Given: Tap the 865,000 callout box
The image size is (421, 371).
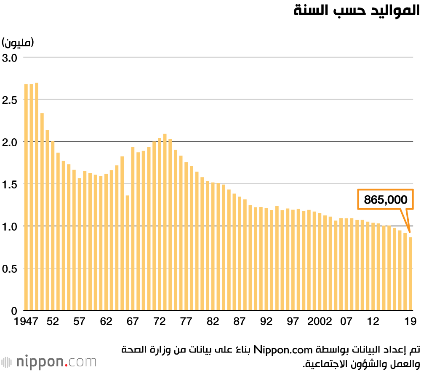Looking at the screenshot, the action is tap(385, 199).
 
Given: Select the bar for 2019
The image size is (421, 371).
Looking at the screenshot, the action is tap(410, 274).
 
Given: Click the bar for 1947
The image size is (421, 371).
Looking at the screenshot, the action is tap(26, 197).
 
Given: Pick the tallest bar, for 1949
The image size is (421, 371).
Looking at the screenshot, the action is tap(37, 196).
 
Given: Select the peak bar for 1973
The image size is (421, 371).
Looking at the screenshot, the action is tap(165, 222).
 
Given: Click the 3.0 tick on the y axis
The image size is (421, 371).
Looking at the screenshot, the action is tap(9, 58).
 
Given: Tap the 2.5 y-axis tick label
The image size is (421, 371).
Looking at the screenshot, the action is tap(9, 100).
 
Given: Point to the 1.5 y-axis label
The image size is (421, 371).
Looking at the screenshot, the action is tap(9, 184).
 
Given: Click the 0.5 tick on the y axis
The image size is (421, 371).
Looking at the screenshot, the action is tap(9, 269).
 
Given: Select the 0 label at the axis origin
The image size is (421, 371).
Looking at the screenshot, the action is tap(14, 311).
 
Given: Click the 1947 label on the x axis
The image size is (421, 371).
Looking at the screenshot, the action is tap(26, 321).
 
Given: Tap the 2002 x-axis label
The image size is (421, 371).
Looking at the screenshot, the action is tap(320, 321).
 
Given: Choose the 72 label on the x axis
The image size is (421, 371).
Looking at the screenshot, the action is tap(159, 321).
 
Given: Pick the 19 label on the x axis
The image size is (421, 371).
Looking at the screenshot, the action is tap(410, 321).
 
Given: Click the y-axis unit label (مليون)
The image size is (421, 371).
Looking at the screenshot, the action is tap(18, 43).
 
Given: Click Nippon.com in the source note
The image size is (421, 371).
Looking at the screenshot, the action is tap(283, 350).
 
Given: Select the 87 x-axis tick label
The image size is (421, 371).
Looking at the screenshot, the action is tap(239, 321).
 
